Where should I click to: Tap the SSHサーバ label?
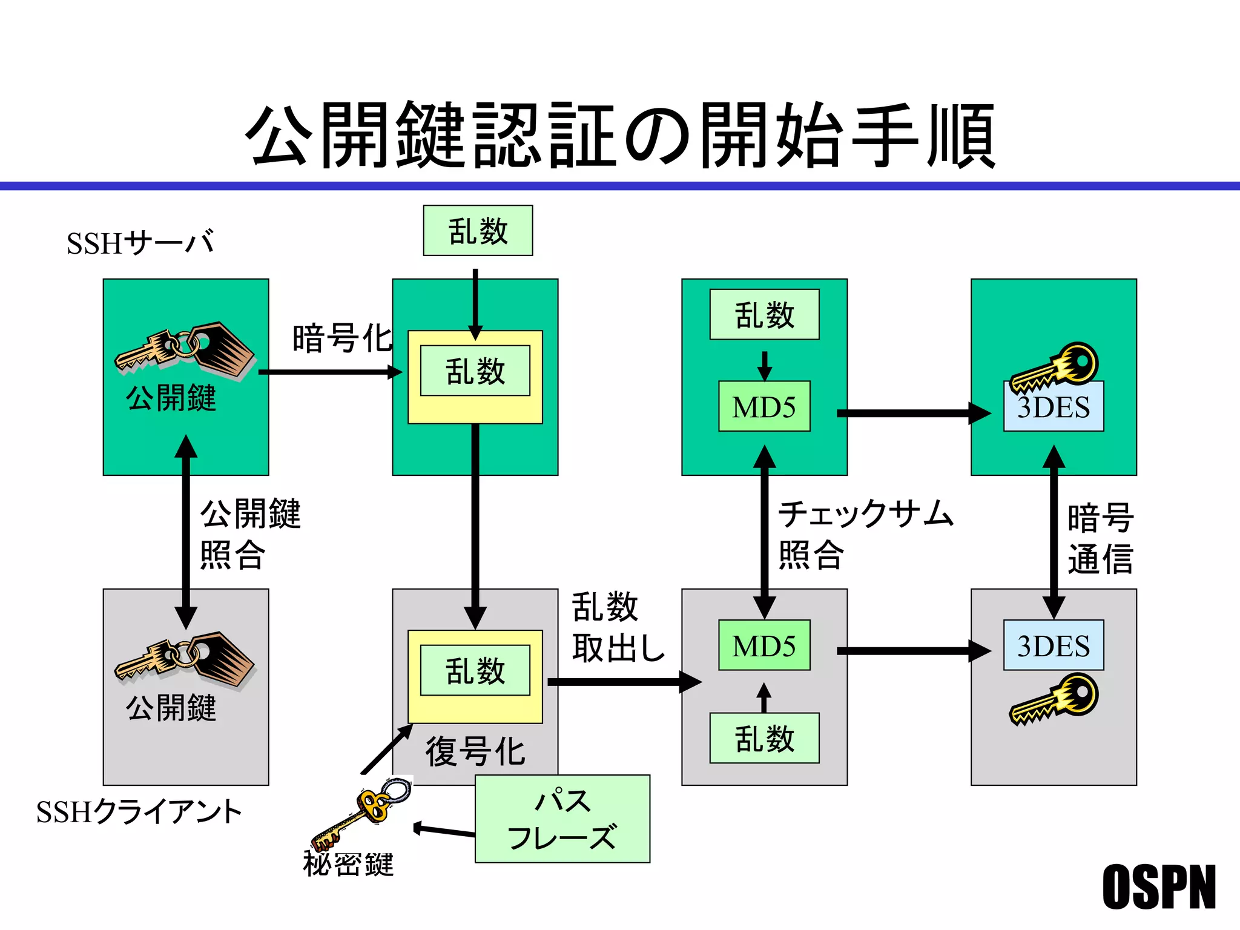140,243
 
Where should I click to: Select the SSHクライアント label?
139,812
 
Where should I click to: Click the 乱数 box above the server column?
478,231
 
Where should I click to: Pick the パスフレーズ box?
562,819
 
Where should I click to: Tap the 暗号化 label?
342,338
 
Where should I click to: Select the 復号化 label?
475,751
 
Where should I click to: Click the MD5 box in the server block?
764,406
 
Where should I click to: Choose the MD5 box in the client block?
764,645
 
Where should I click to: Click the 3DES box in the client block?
1054,645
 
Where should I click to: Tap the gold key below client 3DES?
1054,700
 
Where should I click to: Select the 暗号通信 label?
1100,538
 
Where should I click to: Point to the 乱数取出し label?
618,627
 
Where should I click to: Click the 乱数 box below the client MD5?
764,738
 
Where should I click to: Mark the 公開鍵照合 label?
249,534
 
